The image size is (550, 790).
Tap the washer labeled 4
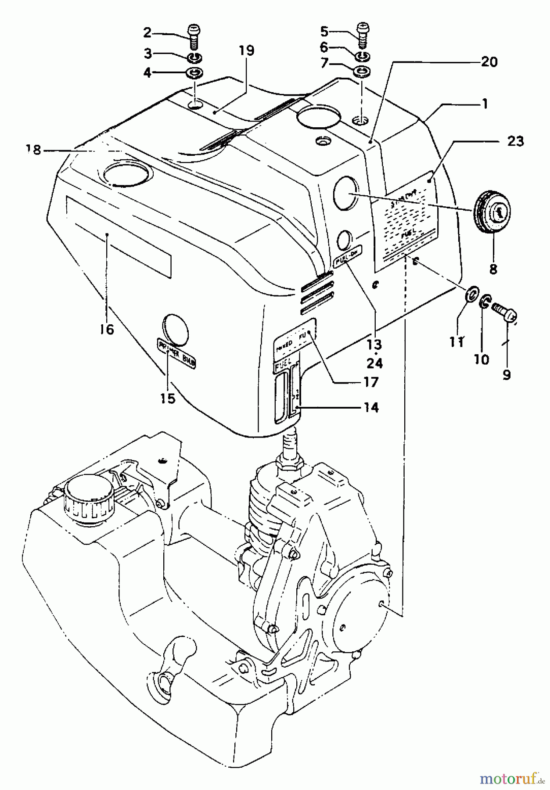click(195, 72)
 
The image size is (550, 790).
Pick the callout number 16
click(107, 329)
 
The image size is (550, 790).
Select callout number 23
click(515, 142)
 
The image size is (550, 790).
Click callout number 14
click(371, 408)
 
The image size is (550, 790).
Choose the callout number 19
click(247, 50)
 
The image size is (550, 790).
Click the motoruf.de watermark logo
click(510, 778)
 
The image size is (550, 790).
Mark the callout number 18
click(33, 150)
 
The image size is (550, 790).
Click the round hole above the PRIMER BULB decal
click(175, 326)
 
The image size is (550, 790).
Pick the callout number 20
click(489, 62)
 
